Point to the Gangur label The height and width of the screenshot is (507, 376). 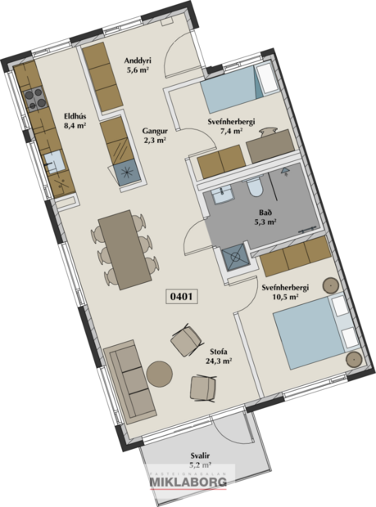pos(154,130)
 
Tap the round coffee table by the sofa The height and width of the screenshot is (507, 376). pos(160,373)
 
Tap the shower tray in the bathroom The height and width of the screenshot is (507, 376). pos(237,258)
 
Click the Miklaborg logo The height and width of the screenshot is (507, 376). pos(191,482)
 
